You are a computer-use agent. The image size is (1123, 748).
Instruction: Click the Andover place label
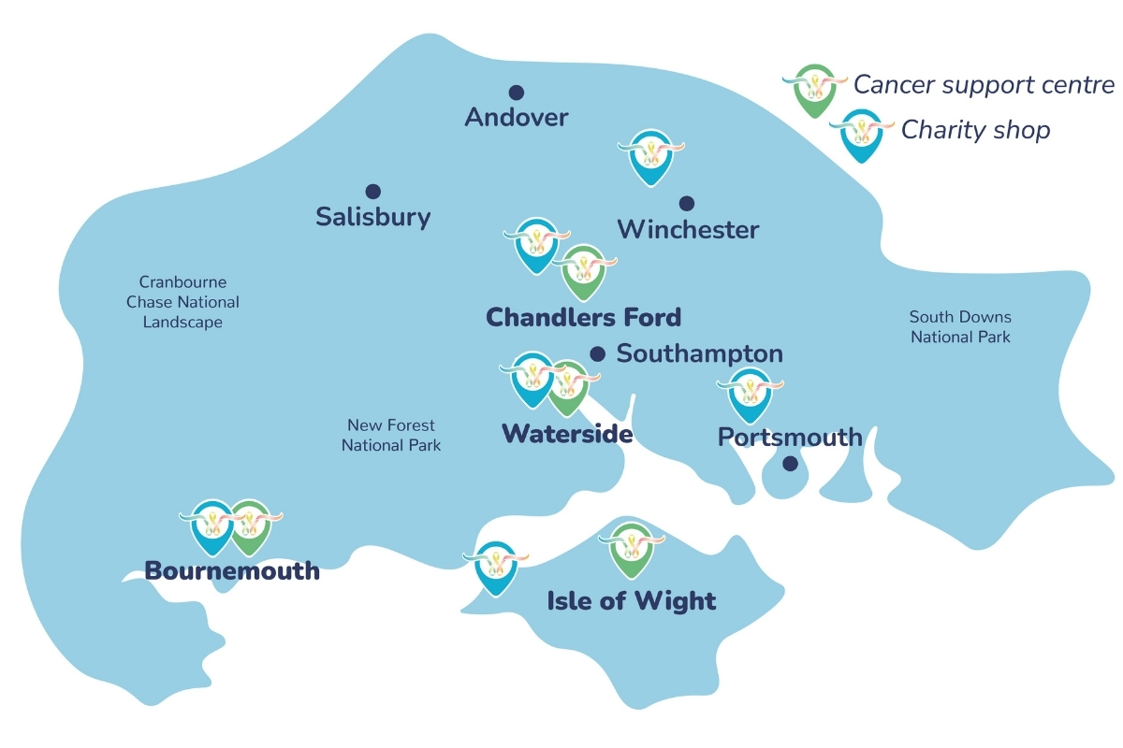[x=517, y=117]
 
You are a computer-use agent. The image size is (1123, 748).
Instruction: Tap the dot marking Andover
[x=516, y=93]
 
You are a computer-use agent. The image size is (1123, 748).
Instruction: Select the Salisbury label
[x=373, y=217]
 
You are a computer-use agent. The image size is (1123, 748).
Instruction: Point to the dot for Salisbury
[x=372, y=192]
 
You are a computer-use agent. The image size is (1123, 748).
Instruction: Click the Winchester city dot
[x=687, y=203]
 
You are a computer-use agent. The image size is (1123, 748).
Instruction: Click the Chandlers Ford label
[x=583, y=317]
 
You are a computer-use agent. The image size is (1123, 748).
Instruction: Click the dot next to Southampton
[x=597, y=353]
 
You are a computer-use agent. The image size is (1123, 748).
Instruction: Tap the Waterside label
[x=567, y=434]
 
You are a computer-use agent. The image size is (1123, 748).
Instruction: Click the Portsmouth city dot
[x=790, y=463]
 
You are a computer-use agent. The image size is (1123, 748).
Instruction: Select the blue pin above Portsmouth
[x=751, y=394]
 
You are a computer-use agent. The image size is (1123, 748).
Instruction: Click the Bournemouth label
[x=232, y=570]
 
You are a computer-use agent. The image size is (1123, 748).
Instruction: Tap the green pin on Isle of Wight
[x=631, y=550]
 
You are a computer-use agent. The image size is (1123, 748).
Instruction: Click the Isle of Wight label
[x=632, y=600]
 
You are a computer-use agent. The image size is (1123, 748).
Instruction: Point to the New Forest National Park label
[x=390, y=436]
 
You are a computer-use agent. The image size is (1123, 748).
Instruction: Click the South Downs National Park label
[x=960, y=327]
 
